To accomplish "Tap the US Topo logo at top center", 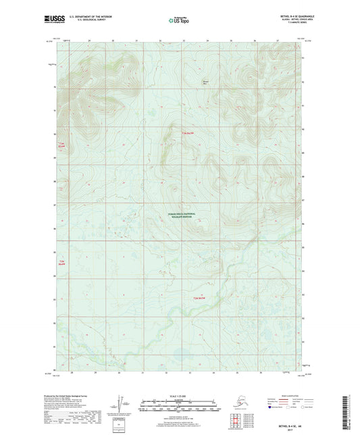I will pos(178,21).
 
